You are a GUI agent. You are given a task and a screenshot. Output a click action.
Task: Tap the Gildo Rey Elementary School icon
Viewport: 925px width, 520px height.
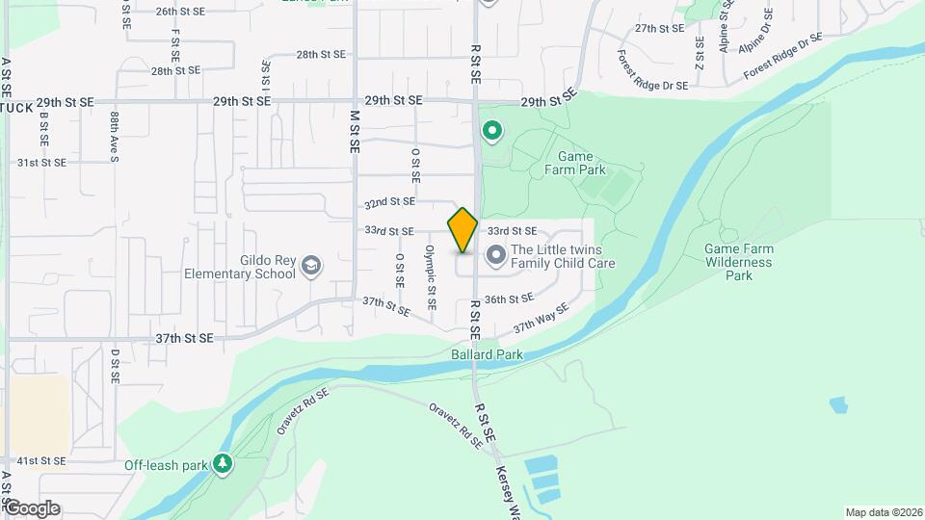click(311, 265)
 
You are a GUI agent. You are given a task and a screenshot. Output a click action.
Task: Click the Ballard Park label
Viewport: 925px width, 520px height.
click(487, 354)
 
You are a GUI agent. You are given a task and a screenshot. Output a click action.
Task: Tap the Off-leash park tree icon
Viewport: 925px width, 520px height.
click(223, 465)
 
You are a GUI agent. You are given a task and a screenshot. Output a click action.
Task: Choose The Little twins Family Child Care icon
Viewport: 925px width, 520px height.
click(496, 255)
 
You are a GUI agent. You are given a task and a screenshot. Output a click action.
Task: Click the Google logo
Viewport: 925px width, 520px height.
click(32, 507)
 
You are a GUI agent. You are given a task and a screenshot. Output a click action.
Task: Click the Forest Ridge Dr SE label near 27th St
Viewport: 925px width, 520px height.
click(654, 71)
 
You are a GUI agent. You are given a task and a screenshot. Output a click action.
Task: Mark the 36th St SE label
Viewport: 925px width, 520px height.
click(510, 299)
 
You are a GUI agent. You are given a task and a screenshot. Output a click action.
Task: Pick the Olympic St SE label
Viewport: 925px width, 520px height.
click(432, 276)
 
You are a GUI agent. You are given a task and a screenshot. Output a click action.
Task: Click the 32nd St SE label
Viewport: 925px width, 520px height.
click(389, 202)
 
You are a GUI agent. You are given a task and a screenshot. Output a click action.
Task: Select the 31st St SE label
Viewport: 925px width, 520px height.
click(41, 163)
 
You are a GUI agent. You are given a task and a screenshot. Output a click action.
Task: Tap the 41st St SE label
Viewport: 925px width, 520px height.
click(41, 461)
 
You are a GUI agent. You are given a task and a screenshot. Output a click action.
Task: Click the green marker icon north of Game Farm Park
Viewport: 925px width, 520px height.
click(492, 130)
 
